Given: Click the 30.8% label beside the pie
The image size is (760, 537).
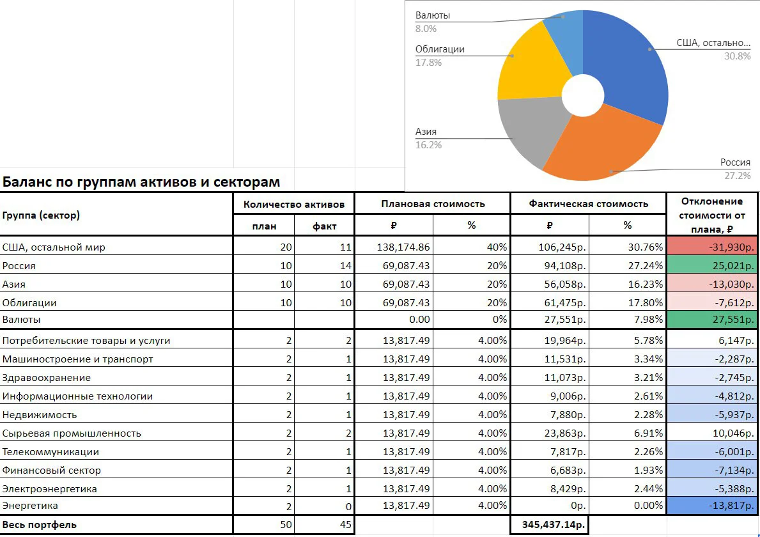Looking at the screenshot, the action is [737, 56].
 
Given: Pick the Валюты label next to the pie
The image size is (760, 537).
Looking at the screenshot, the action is [432, 15].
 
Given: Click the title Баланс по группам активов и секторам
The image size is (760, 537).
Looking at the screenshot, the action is [141, 182].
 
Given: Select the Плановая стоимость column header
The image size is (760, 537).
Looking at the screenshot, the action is [433, 204].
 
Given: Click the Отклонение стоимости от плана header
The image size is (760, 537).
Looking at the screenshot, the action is [711, 215].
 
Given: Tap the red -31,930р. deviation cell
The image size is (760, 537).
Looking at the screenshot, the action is [713, 246].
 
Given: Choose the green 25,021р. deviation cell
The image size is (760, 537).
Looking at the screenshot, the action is [713, 265].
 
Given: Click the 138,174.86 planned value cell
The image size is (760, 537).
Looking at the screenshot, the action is [403, 247].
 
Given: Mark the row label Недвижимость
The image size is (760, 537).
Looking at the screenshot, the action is [39, 415].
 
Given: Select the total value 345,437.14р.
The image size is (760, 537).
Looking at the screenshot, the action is [554, 525].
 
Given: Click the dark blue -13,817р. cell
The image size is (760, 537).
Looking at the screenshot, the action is [713, 506].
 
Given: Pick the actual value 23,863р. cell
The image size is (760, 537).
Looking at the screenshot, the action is [565, 433].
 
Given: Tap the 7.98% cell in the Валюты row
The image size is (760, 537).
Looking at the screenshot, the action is [646, 320].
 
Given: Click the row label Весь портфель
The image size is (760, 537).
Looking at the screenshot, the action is [39, 525].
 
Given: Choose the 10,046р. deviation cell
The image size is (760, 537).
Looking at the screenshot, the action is [733, 433].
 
